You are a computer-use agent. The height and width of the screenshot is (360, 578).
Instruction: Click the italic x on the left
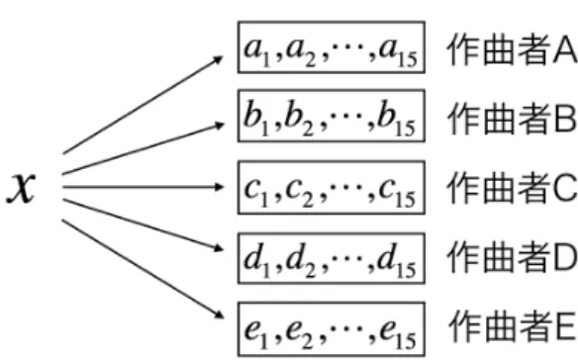[22, 188]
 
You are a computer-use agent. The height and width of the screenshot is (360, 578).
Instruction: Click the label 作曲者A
[512, 49]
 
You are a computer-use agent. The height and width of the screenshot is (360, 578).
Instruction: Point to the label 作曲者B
[512, 119]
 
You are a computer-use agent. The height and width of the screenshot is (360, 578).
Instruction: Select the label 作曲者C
[512, 188]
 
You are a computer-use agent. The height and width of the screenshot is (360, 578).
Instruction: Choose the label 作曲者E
[512, 325]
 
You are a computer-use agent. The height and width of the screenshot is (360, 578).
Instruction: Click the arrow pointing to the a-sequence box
[144, 105]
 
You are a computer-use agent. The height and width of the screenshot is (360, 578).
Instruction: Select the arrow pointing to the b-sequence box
[144, 148]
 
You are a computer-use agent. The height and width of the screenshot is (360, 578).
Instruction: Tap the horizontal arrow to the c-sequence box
[144, 187]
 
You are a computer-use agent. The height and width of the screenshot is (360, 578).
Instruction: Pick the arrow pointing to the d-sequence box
[144, 225]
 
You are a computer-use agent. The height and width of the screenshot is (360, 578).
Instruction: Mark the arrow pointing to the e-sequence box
[144, 269]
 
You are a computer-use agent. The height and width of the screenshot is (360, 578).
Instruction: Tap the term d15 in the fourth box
[397, 261]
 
